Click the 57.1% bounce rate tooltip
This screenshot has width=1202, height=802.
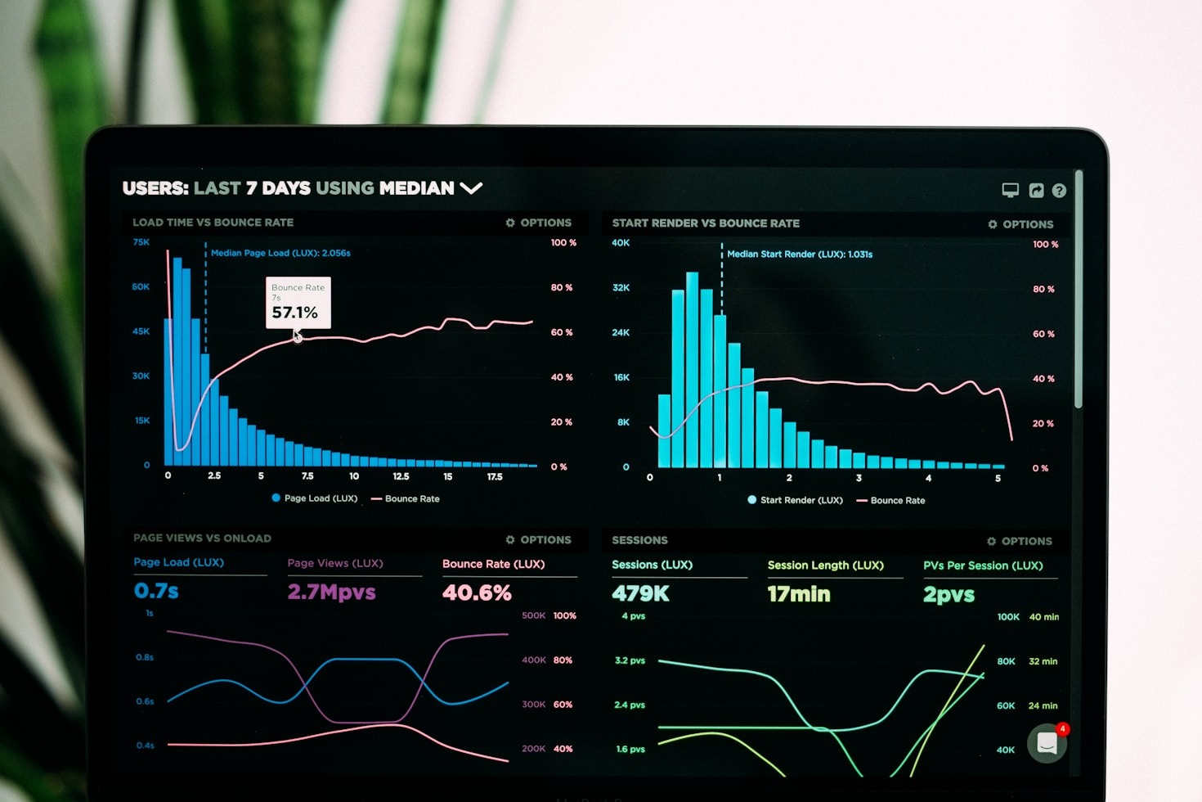point(298,303)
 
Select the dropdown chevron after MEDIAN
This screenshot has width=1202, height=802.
point(471,188)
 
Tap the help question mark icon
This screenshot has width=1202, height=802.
point(1059,191)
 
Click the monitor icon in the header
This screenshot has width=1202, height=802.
point(1011,191)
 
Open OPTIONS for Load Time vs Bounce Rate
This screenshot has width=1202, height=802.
point(539,223)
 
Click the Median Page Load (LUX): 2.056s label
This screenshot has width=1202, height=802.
point(280,253)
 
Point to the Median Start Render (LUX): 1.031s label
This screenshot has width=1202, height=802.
point(800,255)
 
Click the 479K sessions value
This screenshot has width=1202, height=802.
point(640,593)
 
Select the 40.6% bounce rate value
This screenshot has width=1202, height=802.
point(477,592)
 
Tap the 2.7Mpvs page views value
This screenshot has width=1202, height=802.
point(331,592)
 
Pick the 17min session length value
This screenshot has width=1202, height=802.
point(798,594)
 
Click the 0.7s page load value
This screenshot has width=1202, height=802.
point(156,591)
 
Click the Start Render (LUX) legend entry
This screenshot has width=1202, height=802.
point(795,500)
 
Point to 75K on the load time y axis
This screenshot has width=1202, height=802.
point(141,242)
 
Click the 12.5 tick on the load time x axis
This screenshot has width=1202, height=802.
point(401,476)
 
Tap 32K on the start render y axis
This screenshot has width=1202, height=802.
point(621,288)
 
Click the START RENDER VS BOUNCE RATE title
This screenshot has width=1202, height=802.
point(706,223)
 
